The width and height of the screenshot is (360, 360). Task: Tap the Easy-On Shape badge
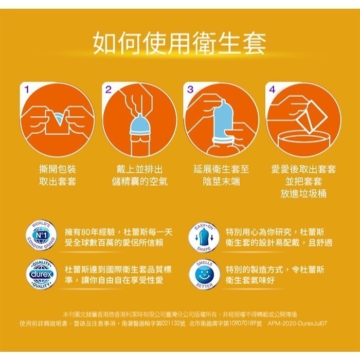point(205,238)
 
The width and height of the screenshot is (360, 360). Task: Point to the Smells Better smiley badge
point(205,275)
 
